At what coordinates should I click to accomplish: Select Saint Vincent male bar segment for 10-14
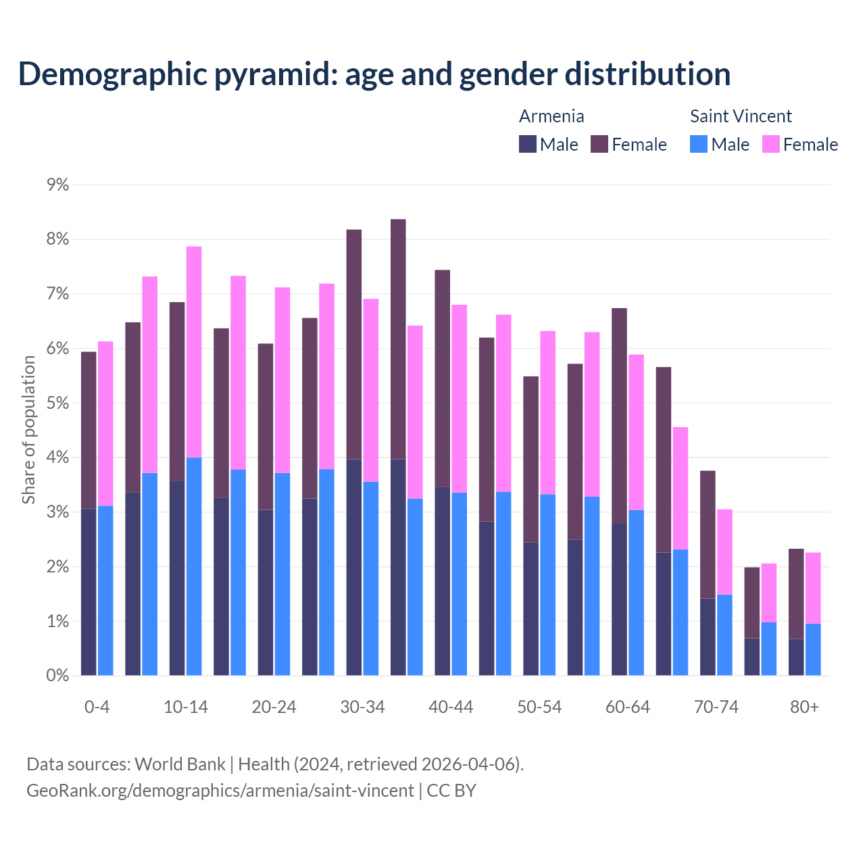point(194,566)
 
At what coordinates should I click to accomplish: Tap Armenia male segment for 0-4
point(89,592)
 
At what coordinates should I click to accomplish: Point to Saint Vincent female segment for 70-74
point(724,551)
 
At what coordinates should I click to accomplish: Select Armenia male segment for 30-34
point(354,567)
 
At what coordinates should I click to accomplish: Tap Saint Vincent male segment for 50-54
point(548,585)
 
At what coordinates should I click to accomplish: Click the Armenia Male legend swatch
point(528,144)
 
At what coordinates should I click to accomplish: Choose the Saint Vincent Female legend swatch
point(771,144)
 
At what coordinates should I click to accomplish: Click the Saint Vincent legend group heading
point(741,116)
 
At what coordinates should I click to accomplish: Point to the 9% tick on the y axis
point(58,184)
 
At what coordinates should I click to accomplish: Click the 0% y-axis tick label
point(58,675)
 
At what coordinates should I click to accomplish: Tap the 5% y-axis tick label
point(58,403)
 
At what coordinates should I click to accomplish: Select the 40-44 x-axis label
point(451,707)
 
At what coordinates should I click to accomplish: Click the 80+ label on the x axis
point(804,707)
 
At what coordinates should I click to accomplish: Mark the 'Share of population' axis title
point(28,430)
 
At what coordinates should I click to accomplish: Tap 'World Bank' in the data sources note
point(180,764)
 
